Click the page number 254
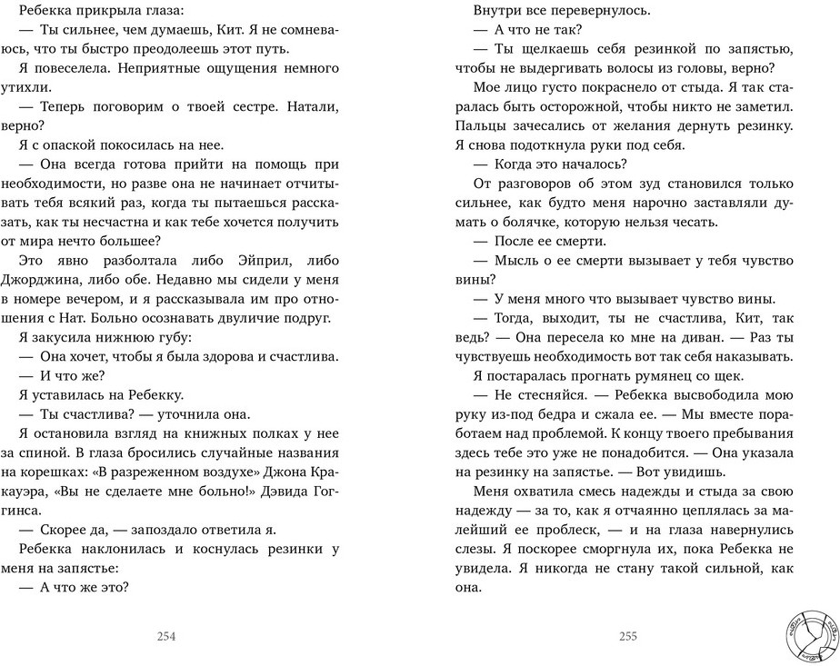pyautogui.click(x=165, y=637)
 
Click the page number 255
pyautogui.click(x=627, y=637)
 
